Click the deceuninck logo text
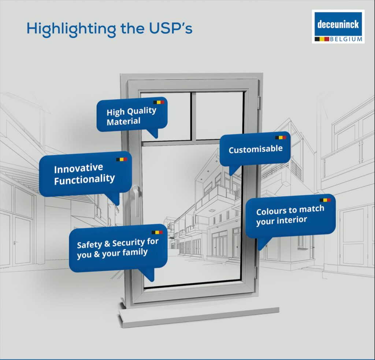pos(338,24)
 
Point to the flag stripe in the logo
pos(322,39)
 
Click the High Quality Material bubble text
pos(131,116)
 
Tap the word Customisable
pos(255,149)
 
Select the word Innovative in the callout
pos(78,169)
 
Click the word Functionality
pos(84,179)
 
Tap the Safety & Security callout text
pos(118,248)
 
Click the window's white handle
pos(136,200)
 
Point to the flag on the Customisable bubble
pos(281,138)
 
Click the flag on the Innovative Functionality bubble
pos(122,159)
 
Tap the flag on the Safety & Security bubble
pos(157,232)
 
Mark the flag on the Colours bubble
pos(325,200)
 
